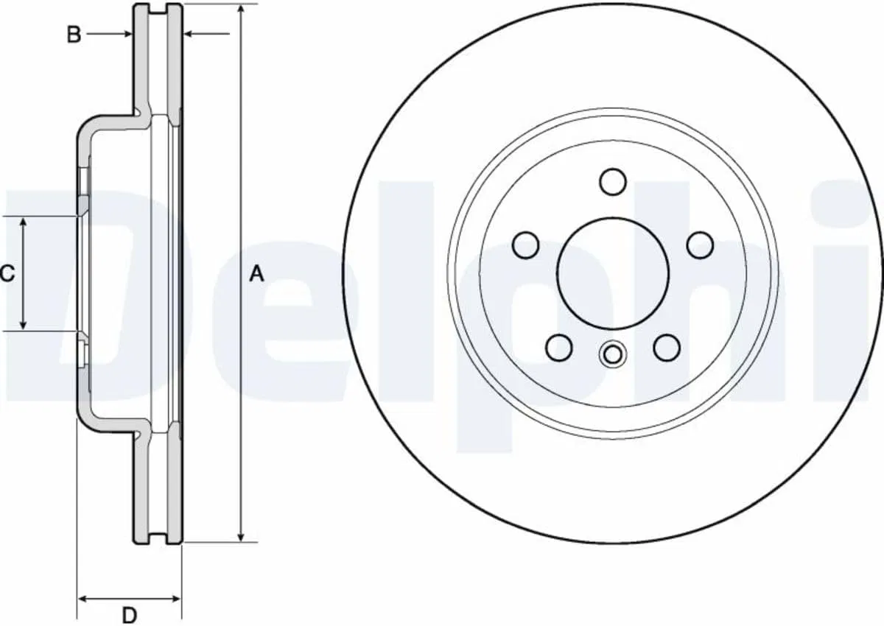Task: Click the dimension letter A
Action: pos(256,274)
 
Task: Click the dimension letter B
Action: pos(74,35)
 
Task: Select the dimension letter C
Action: pos(7,273)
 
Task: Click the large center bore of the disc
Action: pos(613,273)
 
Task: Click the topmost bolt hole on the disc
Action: pos(613,182)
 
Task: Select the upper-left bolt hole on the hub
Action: pos(526,245)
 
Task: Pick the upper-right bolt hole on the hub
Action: pos(700,245)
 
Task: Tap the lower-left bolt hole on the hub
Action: pos(559,348)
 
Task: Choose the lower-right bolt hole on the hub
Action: pos(667,348)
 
